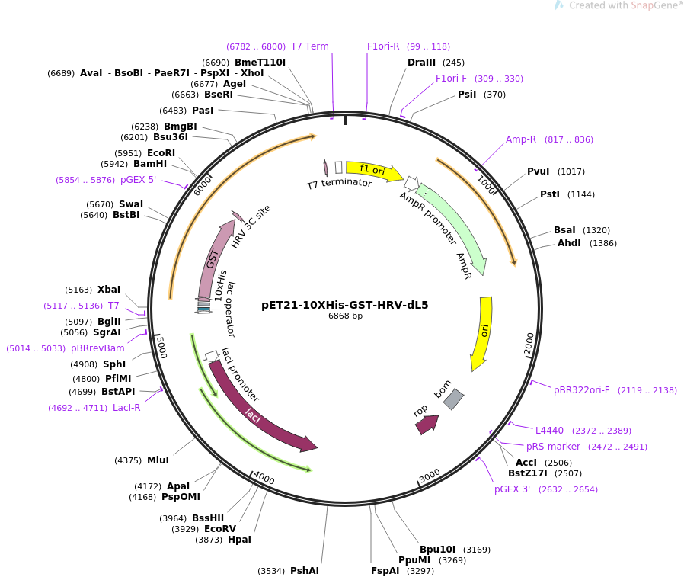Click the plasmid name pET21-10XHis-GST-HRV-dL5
(344, 305)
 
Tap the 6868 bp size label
(345, 316)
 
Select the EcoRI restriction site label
(161, 153)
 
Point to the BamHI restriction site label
(150, 164)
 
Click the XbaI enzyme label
(109, 290)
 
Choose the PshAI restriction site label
(305, 571)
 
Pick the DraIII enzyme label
(422, 63)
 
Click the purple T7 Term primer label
(310, 46)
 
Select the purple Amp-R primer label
(521, 139)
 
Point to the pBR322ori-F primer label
(582, 390)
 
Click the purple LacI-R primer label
(126, 408)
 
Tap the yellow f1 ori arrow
(373, 171)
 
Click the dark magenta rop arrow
(427, 424)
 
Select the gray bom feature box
(453, 399)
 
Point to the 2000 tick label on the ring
(529, 343)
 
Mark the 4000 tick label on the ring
(264, 477)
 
